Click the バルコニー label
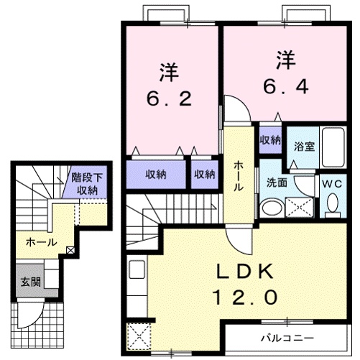click(x=287, y=336)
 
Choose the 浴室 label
click(x=304, y=147)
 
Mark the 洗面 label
click(x=277, y=183)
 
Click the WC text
click(x=332, y=183)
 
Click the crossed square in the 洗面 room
click(x=299, y=208)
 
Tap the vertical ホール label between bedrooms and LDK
click(x=238, y=175)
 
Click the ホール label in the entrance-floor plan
click(x=41, y=243)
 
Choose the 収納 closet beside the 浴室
click(x=270, y=139)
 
